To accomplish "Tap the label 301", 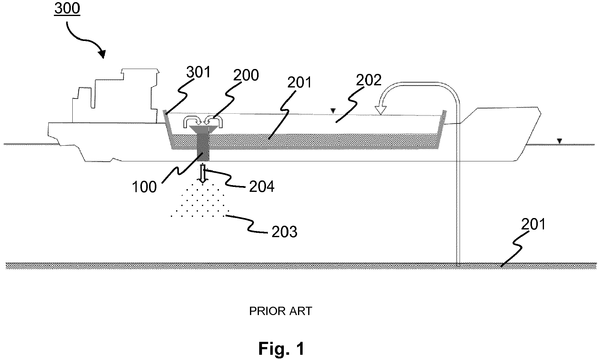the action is [199, 72].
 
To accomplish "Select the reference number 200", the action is [246, 75].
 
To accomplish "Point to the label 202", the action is [369, 80].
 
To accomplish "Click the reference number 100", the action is [144, 187].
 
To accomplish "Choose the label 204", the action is [262, 187].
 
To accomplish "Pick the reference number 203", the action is [284, 232].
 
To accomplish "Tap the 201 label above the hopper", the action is [300, 83].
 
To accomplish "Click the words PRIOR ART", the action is [280, 311].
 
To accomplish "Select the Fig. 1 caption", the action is [281, 349].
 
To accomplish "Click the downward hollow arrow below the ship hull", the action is [203, 174].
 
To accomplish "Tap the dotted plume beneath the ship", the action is [200, 200].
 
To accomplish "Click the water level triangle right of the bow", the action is [559, 141].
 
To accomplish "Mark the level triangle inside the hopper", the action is [332, 111].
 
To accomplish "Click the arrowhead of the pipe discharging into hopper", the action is [381, 110].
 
